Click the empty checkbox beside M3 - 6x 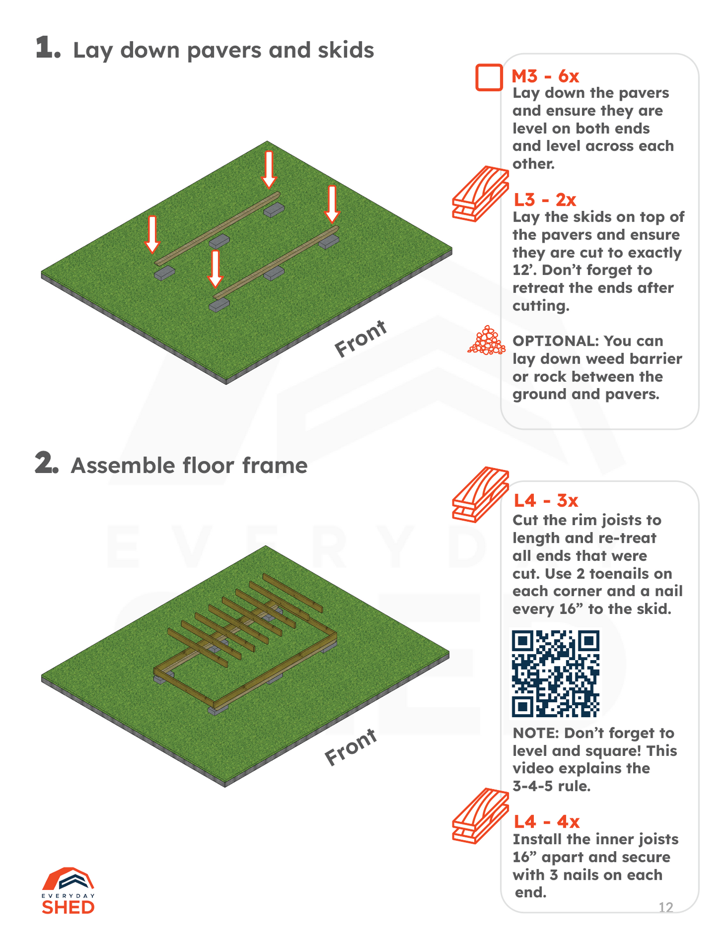click(x=489, y=78)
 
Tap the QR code click(x=555, y=673)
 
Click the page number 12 click(x=666, y=907)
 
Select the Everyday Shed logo click(x=68, y=890)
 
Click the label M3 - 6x click(x=545, y=76)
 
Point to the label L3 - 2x click(x=545, y=200)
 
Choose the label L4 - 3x click(x=546, y=500)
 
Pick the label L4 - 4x click(x=546, y=822)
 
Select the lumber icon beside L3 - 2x click(x=480, y=193)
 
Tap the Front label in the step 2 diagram click(x=351, y=747)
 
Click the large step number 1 click(x=48, y=49)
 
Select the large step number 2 click(x=47, y=463)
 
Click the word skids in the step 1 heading click(x=346, y=50)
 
